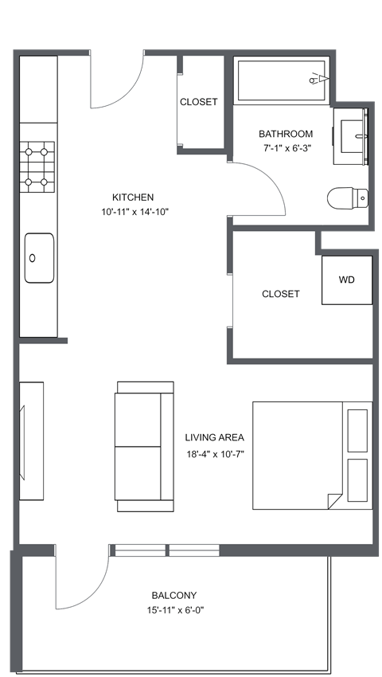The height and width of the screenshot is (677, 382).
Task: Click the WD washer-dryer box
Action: [x=347, y=280]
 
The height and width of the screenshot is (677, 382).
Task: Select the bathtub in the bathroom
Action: [x=281, y=80]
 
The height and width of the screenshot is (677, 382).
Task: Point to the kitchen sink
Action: [x=39, y=257]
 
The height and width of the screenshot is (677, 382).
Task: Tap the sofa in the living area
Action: [x=145, y=446]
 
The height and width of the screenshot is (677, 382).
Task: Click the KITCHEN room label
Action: [x=133, y=198]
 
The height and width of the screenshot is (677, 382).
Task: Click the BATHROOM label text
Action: [x=286, y=134]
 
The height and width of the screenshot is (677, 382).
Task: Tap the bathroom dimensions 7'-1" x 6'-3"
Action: [x=287, y=148]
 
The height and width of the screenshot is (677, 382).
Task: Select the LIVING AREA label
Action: [x=214, y=437]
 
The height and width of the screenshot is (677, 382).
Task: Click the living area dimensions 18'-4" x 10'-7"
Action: [x=214, y=455]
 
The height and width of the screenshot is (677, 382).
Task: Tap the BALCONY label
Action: [x=174, y=595]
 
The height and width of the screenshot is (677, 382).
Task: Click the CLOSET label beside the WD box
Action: [x=281, y=294]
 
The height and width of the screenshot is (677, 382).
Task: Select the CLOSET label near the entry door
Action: [x=198, y=102]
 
